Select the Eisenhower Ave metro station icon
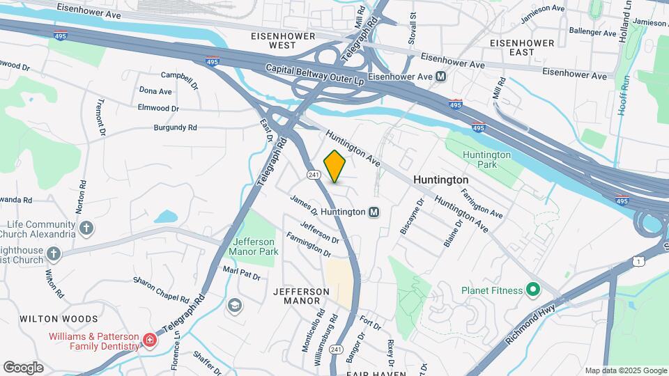440,77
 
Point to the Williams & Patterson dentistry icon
148,340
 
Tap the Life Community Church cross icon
86,228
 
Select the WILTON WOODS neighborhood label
59,319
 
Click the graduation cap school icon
235,304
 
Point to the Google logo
23,368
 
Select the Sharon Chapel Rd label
162,290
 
